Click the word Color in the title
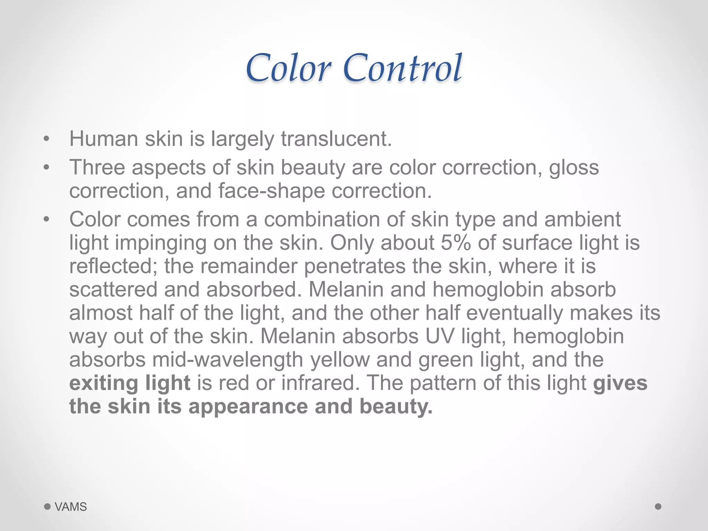coord(289,68)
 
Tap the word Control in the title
coord(403,68)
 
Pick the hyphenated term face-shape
coord(272,191)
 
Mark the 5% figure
coord(456,243)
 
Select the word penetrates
coord(355,267)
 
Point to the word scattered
coord(113,290)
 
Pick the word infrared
coord(318,383)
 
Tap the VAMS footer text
coord(71,507)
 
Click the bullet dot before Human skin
coord(47,139)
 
